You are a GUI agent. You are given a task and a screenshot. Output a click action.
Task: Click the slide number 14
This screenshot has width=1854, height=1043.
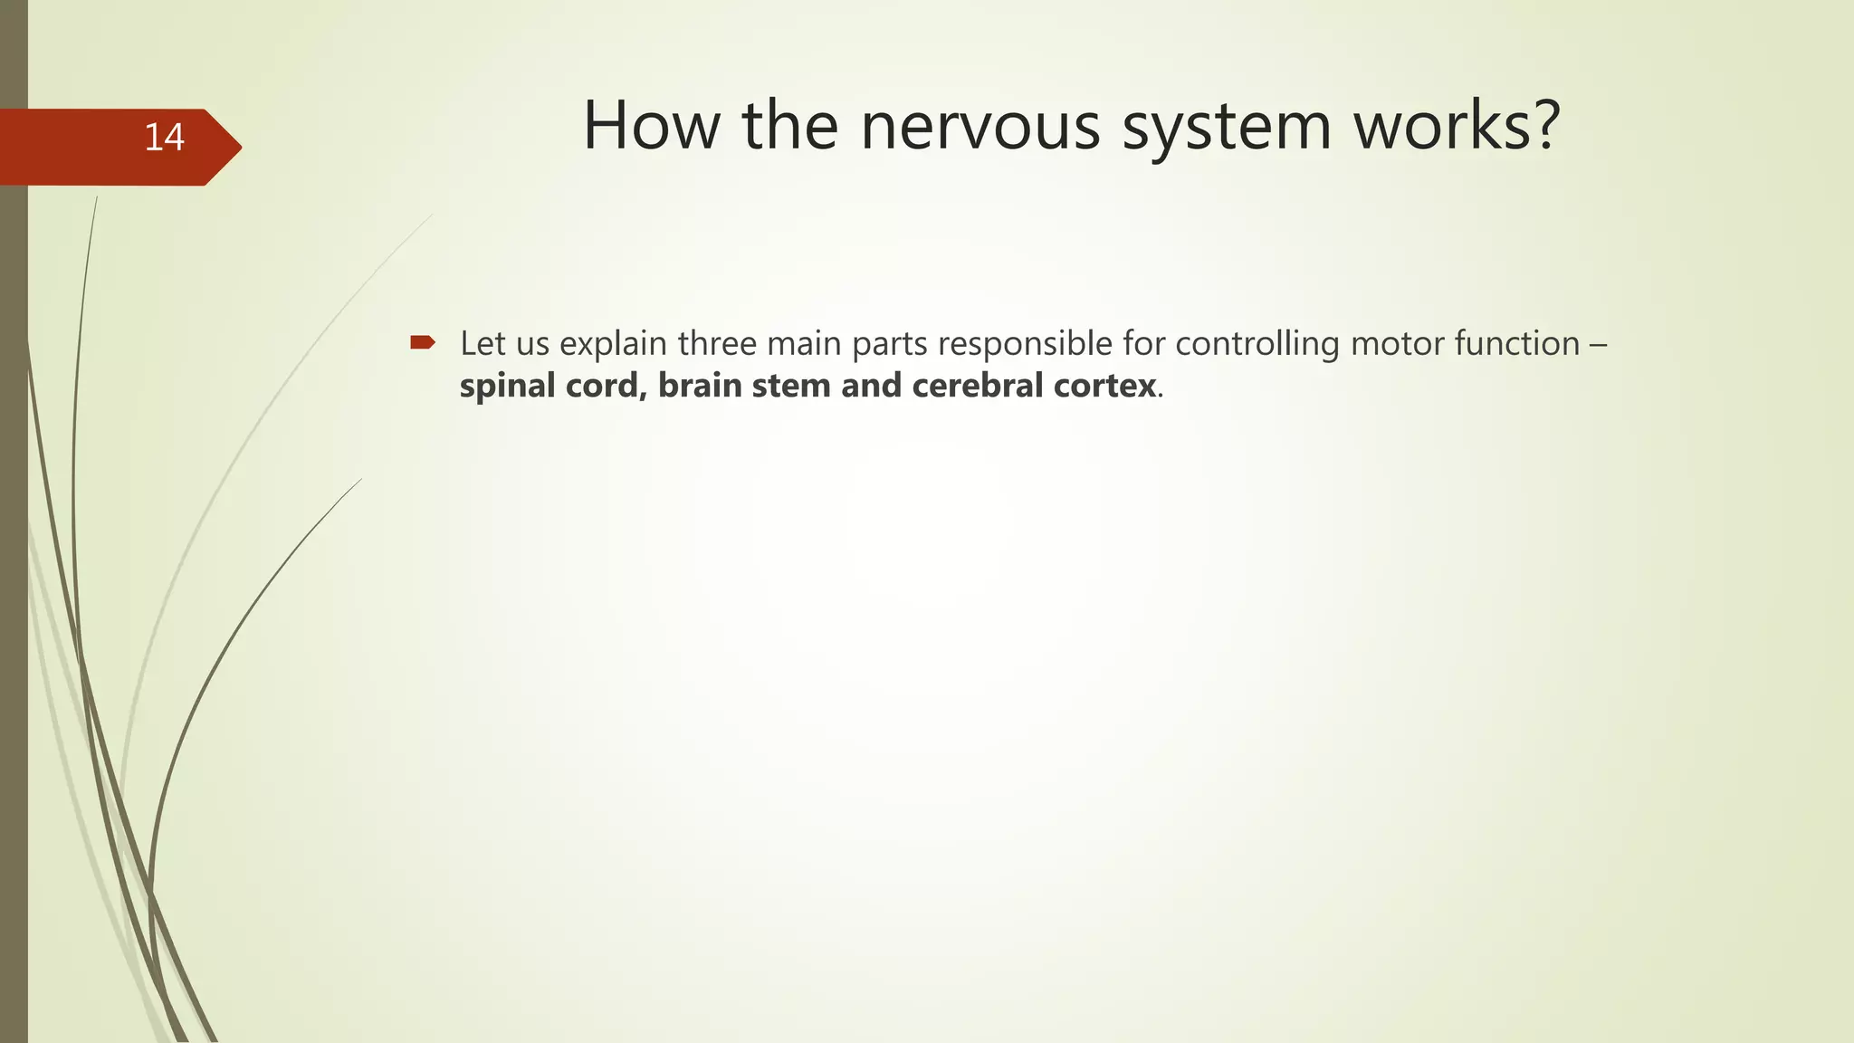coord(164,138)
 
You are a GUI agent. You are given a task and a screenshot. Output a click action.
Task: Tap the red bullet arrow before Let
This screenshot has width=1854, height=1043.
coord(423,342)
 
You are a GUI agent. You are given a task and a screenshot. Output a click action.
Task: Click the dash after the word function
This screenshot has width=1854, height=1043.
coord(1598,344)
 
